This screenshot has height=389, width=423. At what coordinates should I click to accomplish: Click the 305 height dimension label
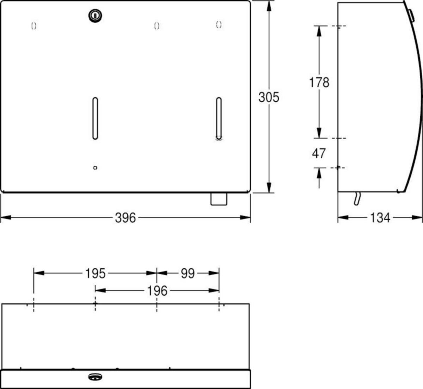(269, 97)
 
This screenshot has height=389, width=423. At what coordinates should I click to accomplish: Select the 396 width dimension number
(125, 218)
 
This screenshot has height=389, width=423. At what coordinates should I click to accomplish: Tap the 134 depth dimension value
(380, 218)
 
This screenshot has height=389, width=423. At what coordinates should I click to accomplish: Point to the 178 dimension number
(319, 82)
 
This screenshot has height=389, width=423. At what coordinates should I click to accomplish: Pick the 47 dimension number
(319, 153)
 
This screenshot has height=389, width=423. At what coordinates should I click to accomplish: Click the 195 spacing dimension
(95, 274)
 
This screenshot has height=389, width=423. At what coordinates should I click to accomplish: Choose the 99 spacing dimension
(188, 274)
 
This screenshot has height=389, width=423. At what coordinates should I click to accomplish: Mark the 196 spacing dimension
(157, 291)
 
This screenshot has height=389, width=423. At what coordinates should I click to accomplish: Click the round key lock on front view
(95, 16)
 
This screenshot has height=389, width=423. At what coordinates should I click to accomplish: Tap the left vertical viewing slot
(95, 118)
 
